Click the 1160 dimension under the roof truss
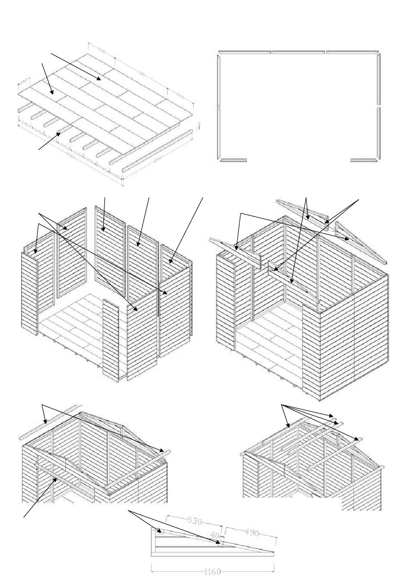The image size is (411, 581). tap(212, 571)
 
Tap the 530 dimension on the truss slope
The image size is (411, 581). tap(195, 521)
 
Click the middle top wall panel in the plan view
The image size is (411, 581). tap(299, 53)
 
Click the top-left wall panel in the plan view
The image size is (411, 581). tap(245, 53)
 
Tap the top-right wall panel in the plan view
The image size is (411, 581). tap(352, 53)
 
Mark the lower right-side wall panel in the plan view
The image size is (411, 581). tap(379, 133)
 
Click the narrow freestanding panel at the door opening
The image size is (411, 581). tap(111, 339)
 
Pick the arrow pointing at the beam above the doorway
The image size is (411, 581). tap(55, 479)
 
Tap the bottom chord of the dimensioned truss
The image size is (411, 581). tap(212, 555)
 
